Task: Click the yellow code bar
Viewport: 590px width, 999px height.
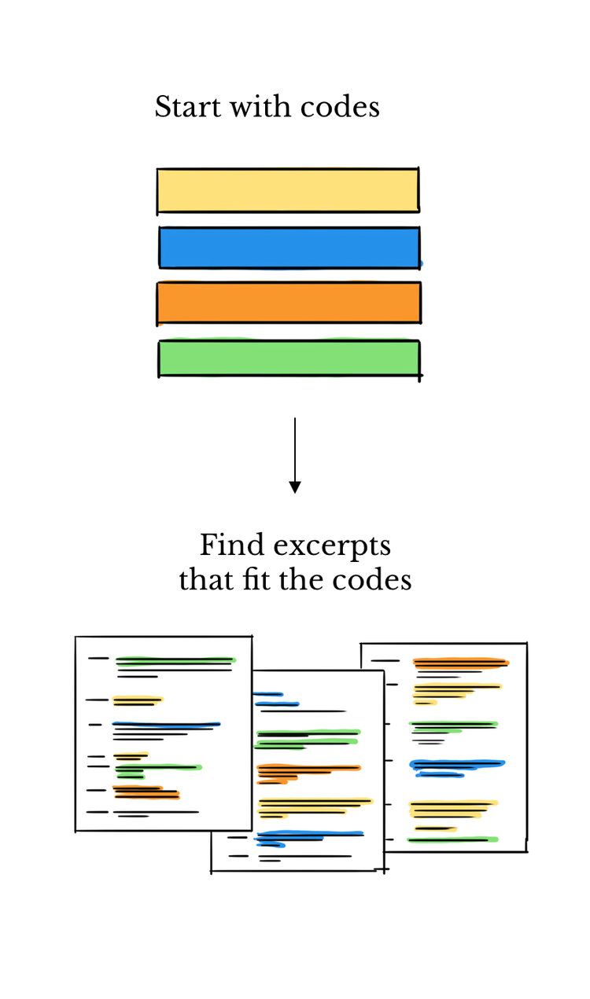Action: [x=288, y=190]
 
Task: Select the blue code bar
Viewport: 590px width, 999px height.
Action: [x=289, y=248]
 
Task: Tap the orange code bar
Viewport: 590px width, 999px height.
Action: [x=289, y=303]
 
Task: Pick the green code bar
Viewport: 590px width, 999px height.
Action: [x=289, y=358]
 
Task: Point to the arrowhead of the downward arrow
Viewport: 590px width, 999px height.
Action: [x=295, y=487]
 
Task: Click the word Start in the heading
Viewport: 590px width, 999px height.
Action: [x=180, y=107]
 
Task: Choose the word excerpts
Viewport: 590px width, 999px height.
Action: [x=330, y=546]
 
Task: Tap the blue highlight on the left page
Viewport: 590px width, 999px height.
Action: [x=165, y=724]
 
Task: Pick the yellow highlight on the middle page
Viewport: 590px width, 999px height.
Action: [x=315, y=803]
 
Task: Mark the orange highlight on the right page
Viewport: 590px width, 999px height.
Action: [x=460, y=663]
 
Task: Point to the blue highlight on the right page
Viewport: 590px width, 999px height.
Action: [x=456, y=764]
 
